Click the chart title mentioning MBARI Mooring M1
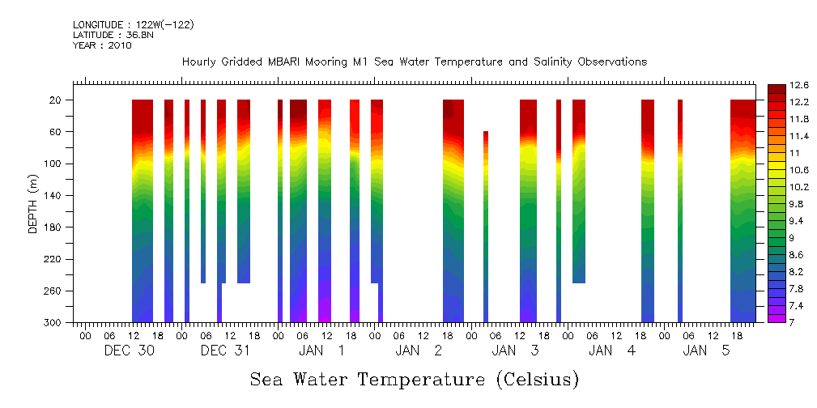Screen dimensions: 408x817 414,62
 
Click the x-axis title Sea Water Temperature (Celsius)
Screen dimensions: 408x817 414,380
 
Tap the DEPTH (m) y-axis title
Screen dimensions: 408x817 33,203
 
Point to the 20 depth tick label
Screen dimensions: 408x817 57,100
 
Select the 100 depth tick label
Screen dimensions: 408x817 53,164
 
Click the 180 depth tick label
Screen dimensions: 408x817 53,227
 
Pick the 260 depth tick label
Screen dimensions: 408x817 53,291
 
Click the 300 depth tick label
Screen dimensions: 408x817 53,323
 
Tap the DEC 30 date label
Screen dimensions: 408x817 129,351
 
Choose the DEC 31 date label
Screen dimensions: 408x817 226,351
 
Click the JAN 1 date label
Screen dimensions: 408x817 321,351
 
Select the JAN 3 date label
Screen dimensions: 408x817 515,351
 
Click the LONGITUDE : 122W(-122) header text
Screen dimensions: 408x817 133,25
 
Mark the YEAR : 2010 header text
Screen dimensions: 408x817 102,45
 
